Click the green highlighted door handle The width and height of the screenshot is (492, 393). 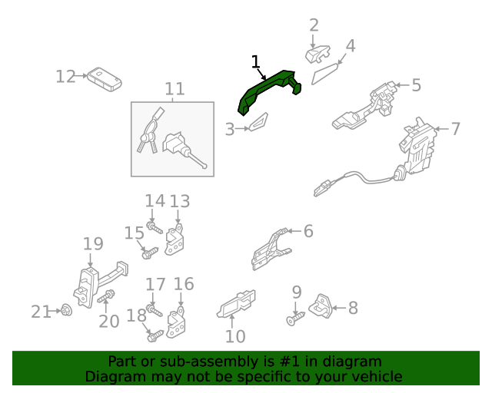tap(267, 89)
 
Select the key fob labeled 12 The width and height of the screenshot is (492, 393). tap(105, 79)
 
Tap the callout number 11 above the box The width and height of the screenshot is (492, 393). tap(175, 89)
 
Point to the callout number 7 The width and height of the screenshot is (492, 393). tap(455, 129)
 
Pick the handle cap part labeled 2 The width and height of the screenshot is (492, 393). tap(317, 54)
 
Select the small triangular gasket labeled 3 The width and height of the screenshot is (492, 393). tap(259, 122)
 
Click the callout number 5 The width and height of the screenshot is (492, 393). tap(416, 85)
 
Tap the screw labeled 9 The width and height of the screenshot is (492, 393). tap(295, 319)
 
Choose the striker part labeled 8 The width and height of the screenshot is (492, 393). tap(321, 306)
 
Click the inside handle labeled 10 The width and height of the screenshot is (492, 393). tap(236, 304)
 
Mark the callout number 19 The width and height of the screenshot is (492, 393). tap(93, 243)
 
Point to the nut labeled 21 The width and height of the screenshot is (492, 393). tap(66, 310)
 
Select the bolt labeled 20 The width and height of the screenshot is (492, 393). tap(106, 296)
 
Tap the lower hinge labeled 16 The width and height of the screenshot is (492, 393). tap(176, 323)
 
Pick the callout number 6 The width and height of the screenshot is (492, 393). tap(308, 231)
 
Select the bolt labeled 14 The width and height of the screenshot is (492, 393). tap(155, 227)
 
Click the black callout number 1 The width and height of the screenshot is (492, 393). tap(256, 61)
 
